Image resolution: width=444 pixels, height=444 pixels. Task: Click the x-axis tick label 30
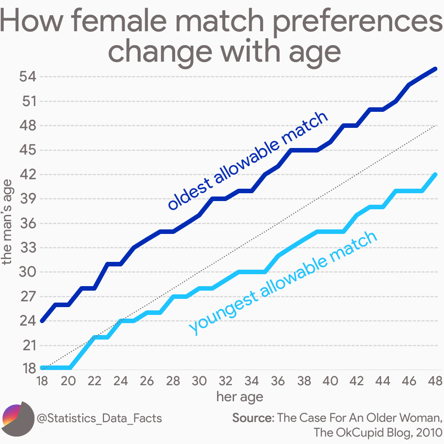(x=199, y=381)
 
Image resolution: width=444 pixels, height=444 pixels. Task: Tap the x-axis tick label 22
(x=95, y=381)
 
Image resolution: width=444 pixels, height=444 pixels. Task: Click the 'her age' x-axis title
(x=240, y=397)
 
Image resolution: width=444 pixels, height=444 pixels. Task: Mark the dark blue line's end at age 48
(x=435, y=69)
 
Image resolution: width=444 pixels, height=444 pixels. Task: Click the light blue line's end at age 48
(x=435, y=174)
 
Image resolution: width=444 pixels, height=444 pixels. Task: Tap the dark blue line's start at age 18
(x=42, y=321)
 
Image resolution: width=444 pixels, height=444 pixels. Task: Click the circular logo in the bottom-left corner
(x=18, y=419)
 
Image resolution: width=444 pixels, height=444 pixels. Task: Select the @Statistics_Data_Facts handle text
(x=99, y=419)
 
